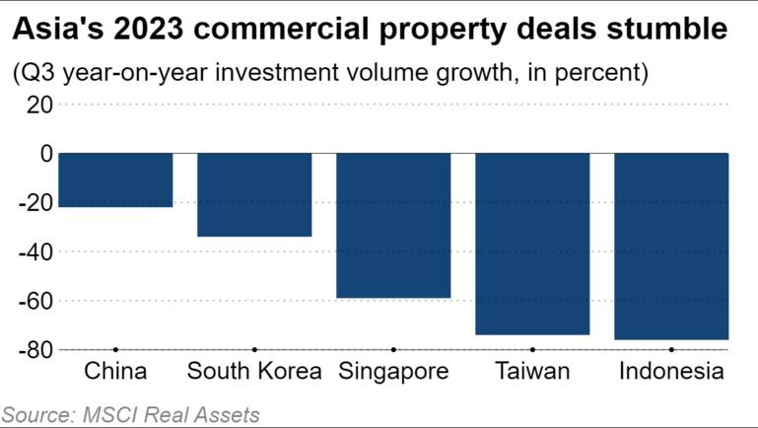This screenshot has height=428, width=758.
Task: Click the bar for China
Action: click(116, 179)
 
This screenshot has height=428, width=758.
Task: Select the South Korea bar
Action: click(254, 194)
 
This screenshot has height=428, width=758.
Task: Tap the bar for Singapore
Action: click(393, 225)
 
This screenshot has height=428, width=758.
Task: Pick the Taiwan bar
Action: click(532, 244)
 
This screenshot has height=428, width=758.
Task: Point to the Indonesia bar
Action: click(671, 246)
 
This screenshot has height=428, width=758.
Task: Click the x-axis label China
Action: click(116, 372)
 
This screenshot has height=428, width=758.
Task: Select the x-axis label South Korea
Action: click(254, 372)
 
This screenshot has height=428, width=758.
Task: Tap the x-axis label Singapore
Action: click(393, 372)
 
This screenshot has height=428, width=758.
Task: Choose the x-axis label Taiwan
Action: click(532, 372)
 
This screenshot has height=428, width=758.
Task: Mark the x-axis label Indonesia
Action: click(671, 372)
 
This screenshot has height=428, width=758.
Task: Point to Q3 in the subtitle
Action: click(34, 73)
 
